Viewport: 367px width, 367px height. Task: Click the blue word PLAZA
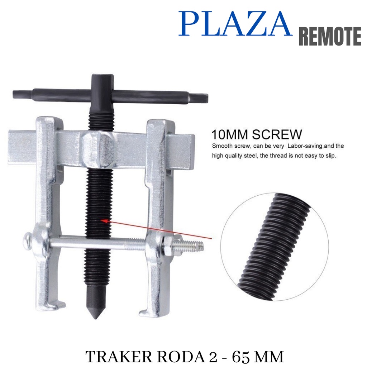point(235,24)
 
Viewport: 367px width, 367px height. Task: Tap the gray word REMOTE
point(330,36)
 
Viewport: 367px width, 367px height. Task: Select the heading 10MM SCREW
point(257,134)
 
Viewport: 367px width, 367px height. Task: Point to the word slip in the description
point(331,156)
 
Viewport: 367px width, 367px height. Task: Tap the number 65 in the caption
point(241,357)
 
